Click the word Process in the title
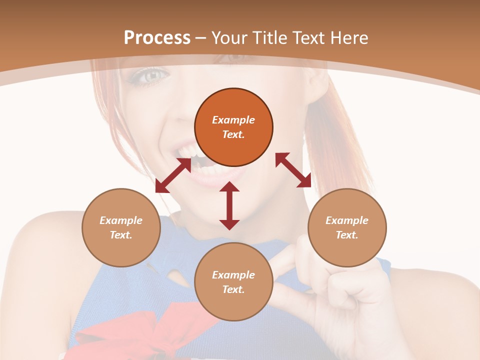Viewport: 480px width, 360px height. click(157, 38)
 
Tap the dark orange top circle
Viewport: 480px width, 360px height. click(233, 127)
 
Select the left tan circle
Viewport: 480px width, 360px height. click(121, 227)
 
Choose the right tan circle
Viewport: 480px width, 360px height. click(347, 227)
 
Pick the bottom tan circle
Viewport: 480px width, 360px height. click(233, 282)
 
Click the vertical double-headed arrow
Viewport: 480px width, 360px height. click(229, 205)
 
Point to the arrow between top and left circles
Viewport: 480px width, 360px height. click(173, 175)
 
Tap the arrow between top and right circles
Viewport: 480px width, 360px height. click(293, 170)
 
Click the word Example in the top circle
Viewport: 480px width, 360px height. click(233, 120)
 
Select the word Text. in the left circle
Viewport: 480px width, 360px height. click(121, 235)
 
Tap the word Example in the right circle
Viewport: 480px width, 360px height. click(347, 220)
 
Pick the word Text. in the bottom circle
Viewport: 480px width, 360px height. click(233, 289)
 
